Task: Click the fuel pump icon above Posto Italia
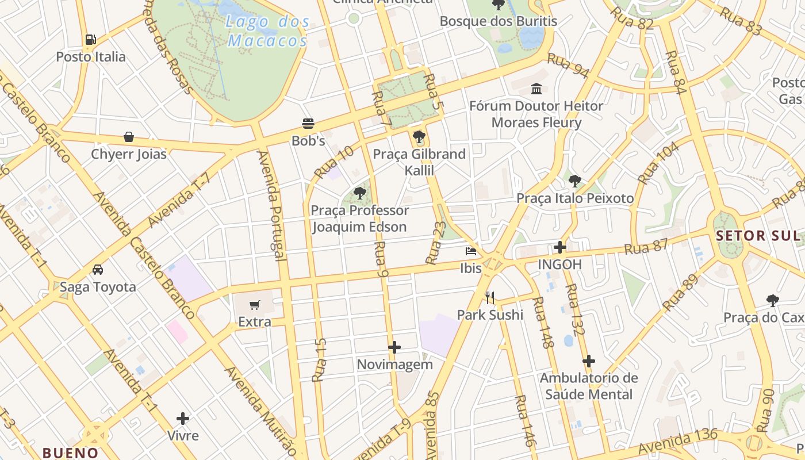pos(90,40)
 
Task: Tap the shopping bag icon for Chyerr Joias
pos(129,137)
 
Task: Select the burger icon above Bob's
pos(308,123)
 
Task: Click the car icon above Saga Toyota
pos(98,270)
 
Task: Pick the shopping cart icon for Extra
pos(255,305)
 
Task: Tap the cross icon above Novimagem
pos(394,347)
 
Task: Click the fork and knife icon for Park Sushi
pos(490,297)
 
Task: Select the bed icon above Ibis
pos(471,251)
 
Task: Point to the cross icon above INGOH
pos(559,247)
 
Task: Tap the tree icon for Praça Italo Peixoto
pos(574,181)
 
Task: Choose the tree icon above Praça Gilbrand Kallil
pos(419,137)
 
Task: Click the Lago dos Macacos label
pos(268,32)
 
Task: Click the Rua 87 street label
pos(646,247)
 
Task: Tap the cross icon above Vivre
pos(183,418)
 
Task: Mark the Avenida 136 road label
pos(678,441)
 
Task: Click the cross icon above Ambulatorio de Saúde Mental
pos(588,361)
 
